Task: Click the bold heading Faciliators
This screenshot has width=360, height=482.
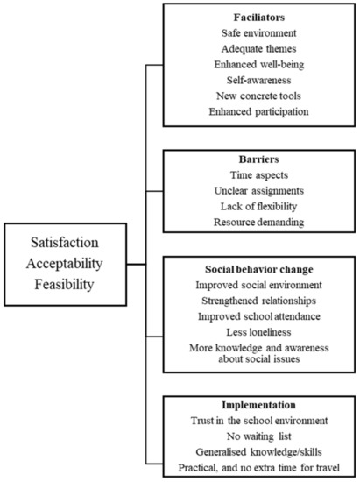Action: (x=259, y=18)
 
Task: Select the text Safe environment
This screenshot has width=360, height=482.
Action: (x=259, y=33)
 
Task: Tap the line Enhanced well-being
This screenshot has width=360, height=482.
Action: (x=259, y=65)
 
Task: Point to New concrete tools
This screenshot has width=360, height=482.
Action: (x=258, y=96)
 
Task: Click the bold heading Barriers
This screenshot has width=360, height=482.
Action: (x=259, y=159)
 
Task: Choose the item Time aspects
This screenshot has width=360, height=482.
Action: (x=259, y=175)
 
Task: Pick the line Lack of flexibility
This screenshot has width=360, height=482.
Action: (x=258, y=206)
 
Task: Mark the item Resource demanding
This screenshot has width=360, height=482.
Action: (x=259, y=222)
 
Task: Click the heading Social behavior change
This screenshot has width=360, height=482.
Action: (x=259, y=269)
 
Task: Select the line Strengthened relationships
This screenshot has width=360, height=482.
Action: (x=258, y=301)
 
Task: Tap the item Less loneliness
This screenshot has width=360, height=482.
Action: (x=258, y=332)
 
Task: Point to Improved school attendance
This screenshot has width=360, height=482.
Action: (x=259, y=316)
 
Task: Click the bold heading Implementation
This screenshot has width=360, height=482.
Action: (x=259, y=405)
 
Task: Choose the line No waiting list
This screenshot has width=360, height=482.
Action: (x=259, y=436)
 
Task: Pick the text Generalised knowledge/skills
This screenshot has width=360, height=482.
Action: (x=259, y=452)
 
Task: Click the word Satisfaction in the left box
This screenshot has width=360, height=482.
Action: (x=65, y=243)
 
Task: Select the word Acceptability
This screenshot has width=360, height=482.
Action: (x=65, y=264)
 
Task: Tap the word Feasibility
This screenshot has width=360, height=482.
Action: (x=64, y=284)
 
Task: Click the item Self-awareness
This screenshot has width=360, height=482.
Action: (x=259, y=81)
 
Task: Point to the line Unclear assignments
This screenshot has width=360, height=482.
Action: (x=259, y=191)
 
